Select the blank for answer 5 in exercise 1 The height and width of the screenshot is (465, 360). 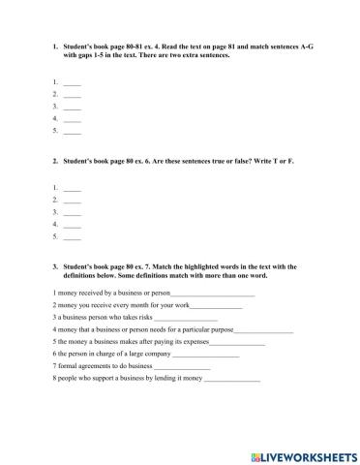click(x=73, y=131)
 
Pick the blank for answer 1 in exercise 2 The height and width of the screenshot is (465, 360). click(x=73, y=188)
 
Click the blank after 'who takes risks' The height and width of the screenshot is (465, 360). click(x=186, y=318)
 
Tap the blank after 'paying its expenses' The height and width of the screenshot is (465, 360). click(x=236, y=343)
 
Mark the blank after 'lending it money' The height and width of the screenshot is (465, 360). click(x=232, y=381)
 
